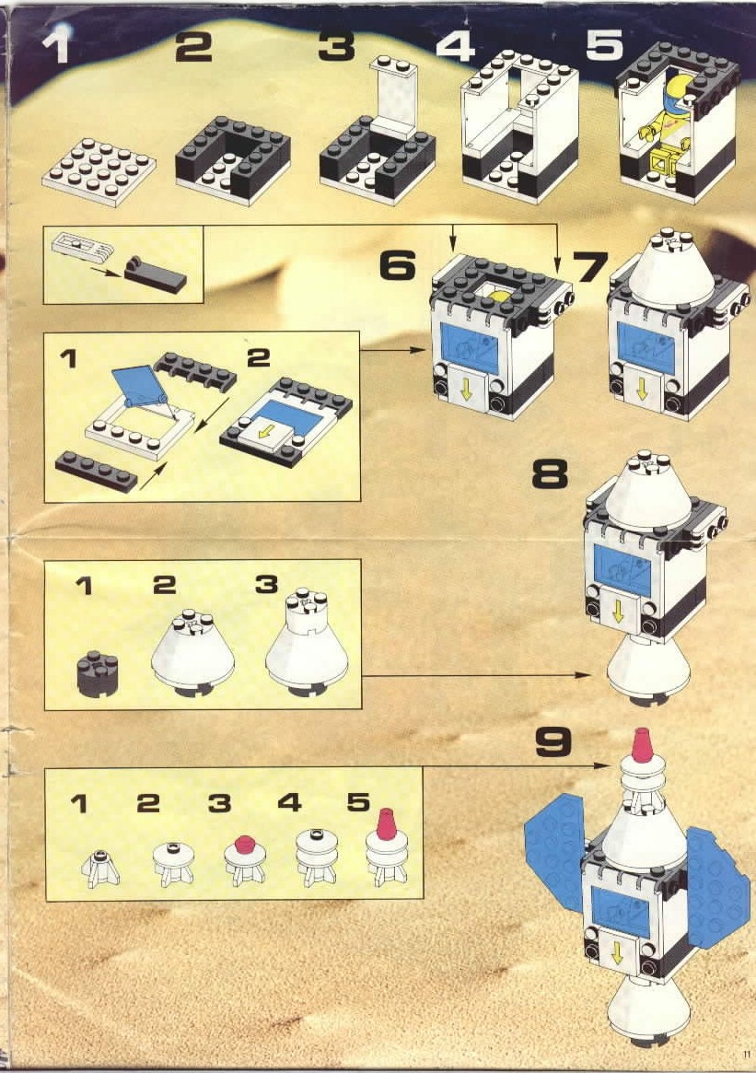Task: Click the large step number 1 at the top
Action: pos(56,47)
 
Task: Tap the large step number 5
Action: pos(604,44)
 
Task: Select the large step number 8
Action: pos(550,473)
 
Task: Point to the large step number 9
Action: pos(552,741)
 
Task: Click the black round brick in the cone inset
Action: pos(98,673)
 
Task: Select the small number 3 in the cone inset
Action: pos(265,585)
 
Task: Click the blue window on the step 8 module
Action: pos(622,570)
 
